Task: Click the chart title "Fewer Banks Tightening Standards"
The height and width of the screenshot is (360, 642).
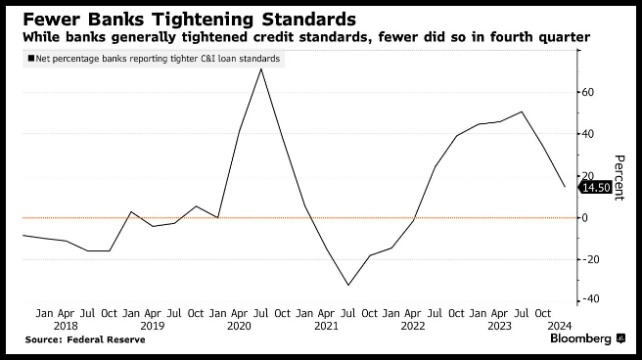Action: [189, 20]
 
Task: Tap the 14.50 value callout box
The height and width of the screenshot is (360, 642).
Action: [595, 188]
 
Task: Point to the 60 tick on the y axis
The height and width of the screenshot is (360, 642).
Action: [587, 92]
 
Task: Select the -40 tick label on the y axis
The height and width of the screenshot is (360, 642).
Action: [590, 299]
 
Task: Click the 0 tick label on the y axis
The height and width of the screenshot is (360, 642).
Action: [584, 217]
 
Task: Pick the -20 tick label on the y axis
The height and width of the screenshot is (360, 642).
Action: [590, 259]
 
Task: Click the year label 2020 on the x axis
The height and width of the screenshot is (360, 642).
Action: [239, 326]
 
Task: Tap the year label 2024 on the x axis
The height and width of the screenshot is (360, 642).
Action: [559, 326]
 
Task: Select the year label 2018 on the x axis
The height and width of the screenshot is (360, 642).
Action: [66, 326]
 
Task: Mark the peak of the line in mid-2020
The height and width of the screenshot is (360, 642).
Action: [260, 68]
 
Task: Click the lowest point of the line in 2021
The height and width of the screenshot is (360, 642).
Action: [348, 285]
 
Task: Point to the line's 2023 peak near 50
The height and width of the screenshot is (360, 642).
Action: [522, 112]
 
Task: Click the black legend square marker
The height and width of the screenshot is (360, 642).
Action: [31, 59]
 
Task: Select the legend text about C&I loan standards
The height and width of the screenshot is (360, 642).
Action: [158, 59]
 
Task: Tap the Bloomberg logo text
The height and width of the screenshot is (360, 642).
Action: [580, 338]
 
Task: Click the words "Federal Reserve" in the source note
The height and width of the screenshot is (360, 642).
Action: [106, 339]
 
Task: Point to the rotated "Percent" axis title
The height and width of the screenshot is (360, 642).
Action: [619, 177]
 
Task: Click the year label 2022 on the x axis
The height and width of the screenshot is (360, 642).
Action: [413, 326]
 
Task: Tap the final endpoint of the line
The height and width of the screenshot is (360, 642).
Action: [565, 187]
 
